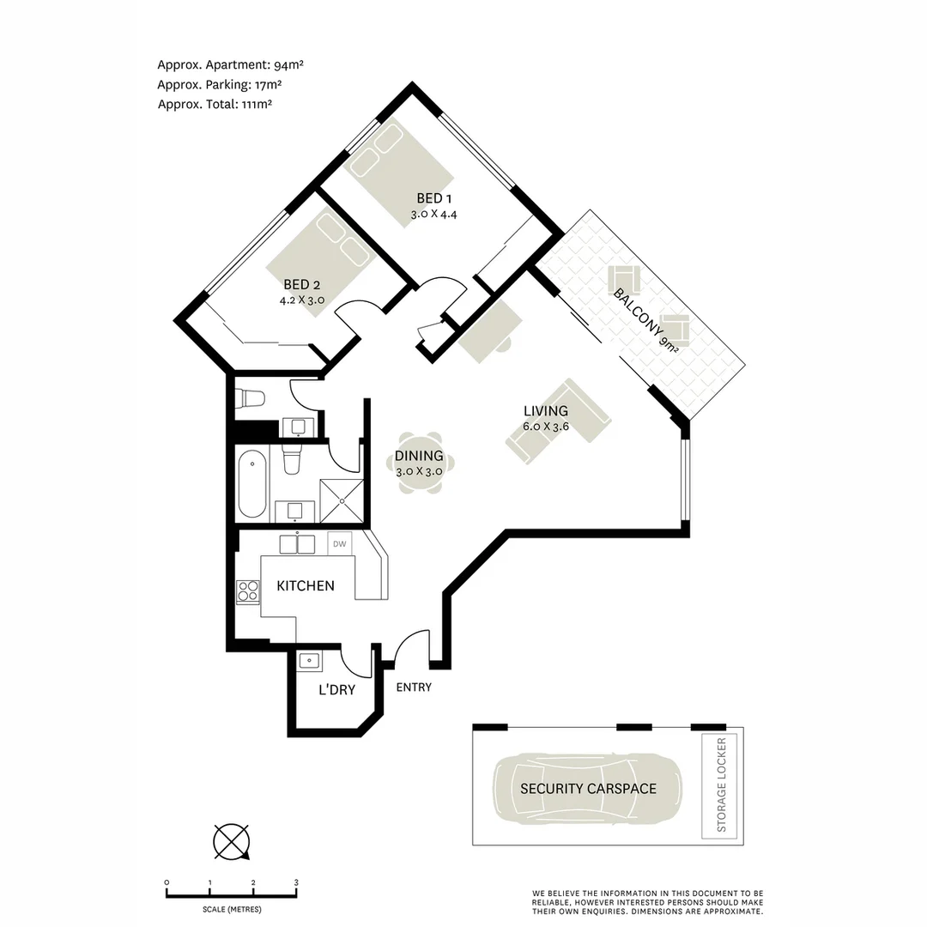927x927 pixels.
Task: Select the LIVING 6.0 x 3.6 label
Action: (546, 418)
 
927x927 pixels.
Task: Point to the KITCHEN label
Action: (305, 586)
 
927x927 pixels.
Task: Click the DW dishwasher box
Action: (340, 543)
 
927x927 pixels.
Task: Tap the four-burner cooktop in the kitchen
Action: (248, 592)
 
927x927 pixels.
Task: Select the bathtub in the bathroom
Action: (251, 483)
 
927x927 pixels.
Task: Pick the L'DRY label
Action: (336, 690)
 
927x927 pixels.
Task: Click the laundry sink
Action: (309, 661)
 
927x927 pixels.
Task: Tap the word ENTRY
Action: (414, 687)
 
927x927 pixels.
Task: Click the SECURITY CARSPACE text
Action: (588, 789)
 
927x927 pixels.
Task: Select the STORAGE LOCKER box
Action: (720, 785)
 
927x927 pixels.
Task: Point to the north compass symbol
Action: (232, 841)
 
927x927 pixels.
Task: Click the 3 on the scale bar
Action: (296, 882)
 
